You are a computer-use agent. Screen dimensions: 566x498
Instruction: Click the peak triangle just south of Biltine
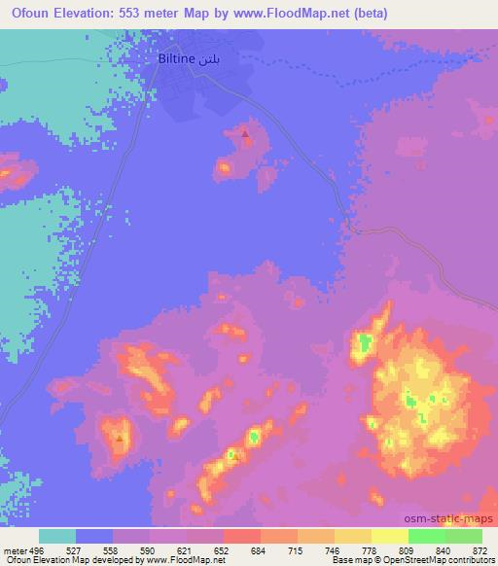click(244, 133)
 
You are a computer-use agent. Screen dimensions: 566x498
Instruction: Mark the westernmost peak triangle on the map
click(120, 438)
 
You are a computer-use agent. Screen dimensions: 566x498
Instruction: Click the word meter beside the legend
click(15, 548)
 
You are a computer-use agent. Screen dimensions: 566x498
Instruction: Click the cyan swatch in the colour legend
click(57, 536)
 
